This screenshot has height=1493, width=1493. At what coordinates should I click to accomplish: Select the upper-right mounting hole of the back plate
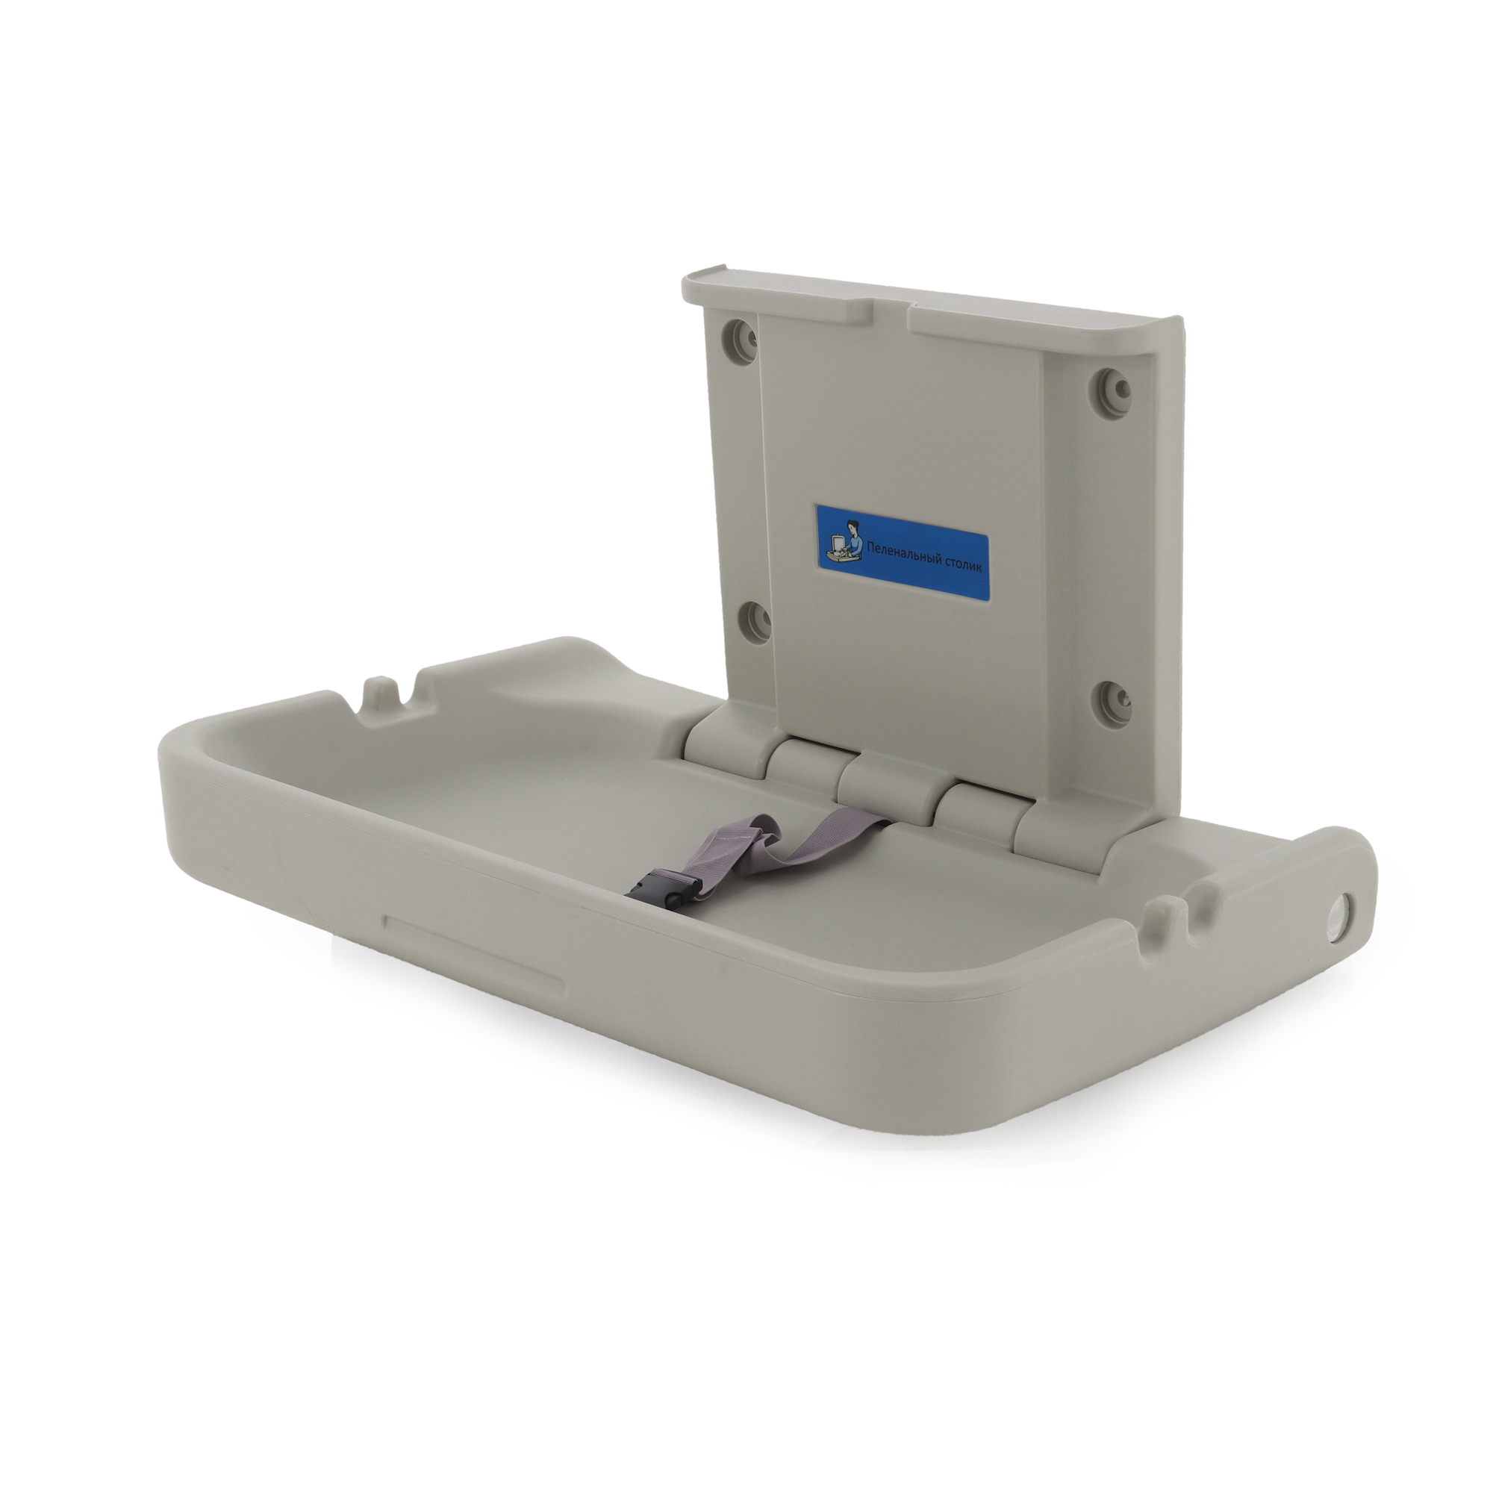point(1110,384)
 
